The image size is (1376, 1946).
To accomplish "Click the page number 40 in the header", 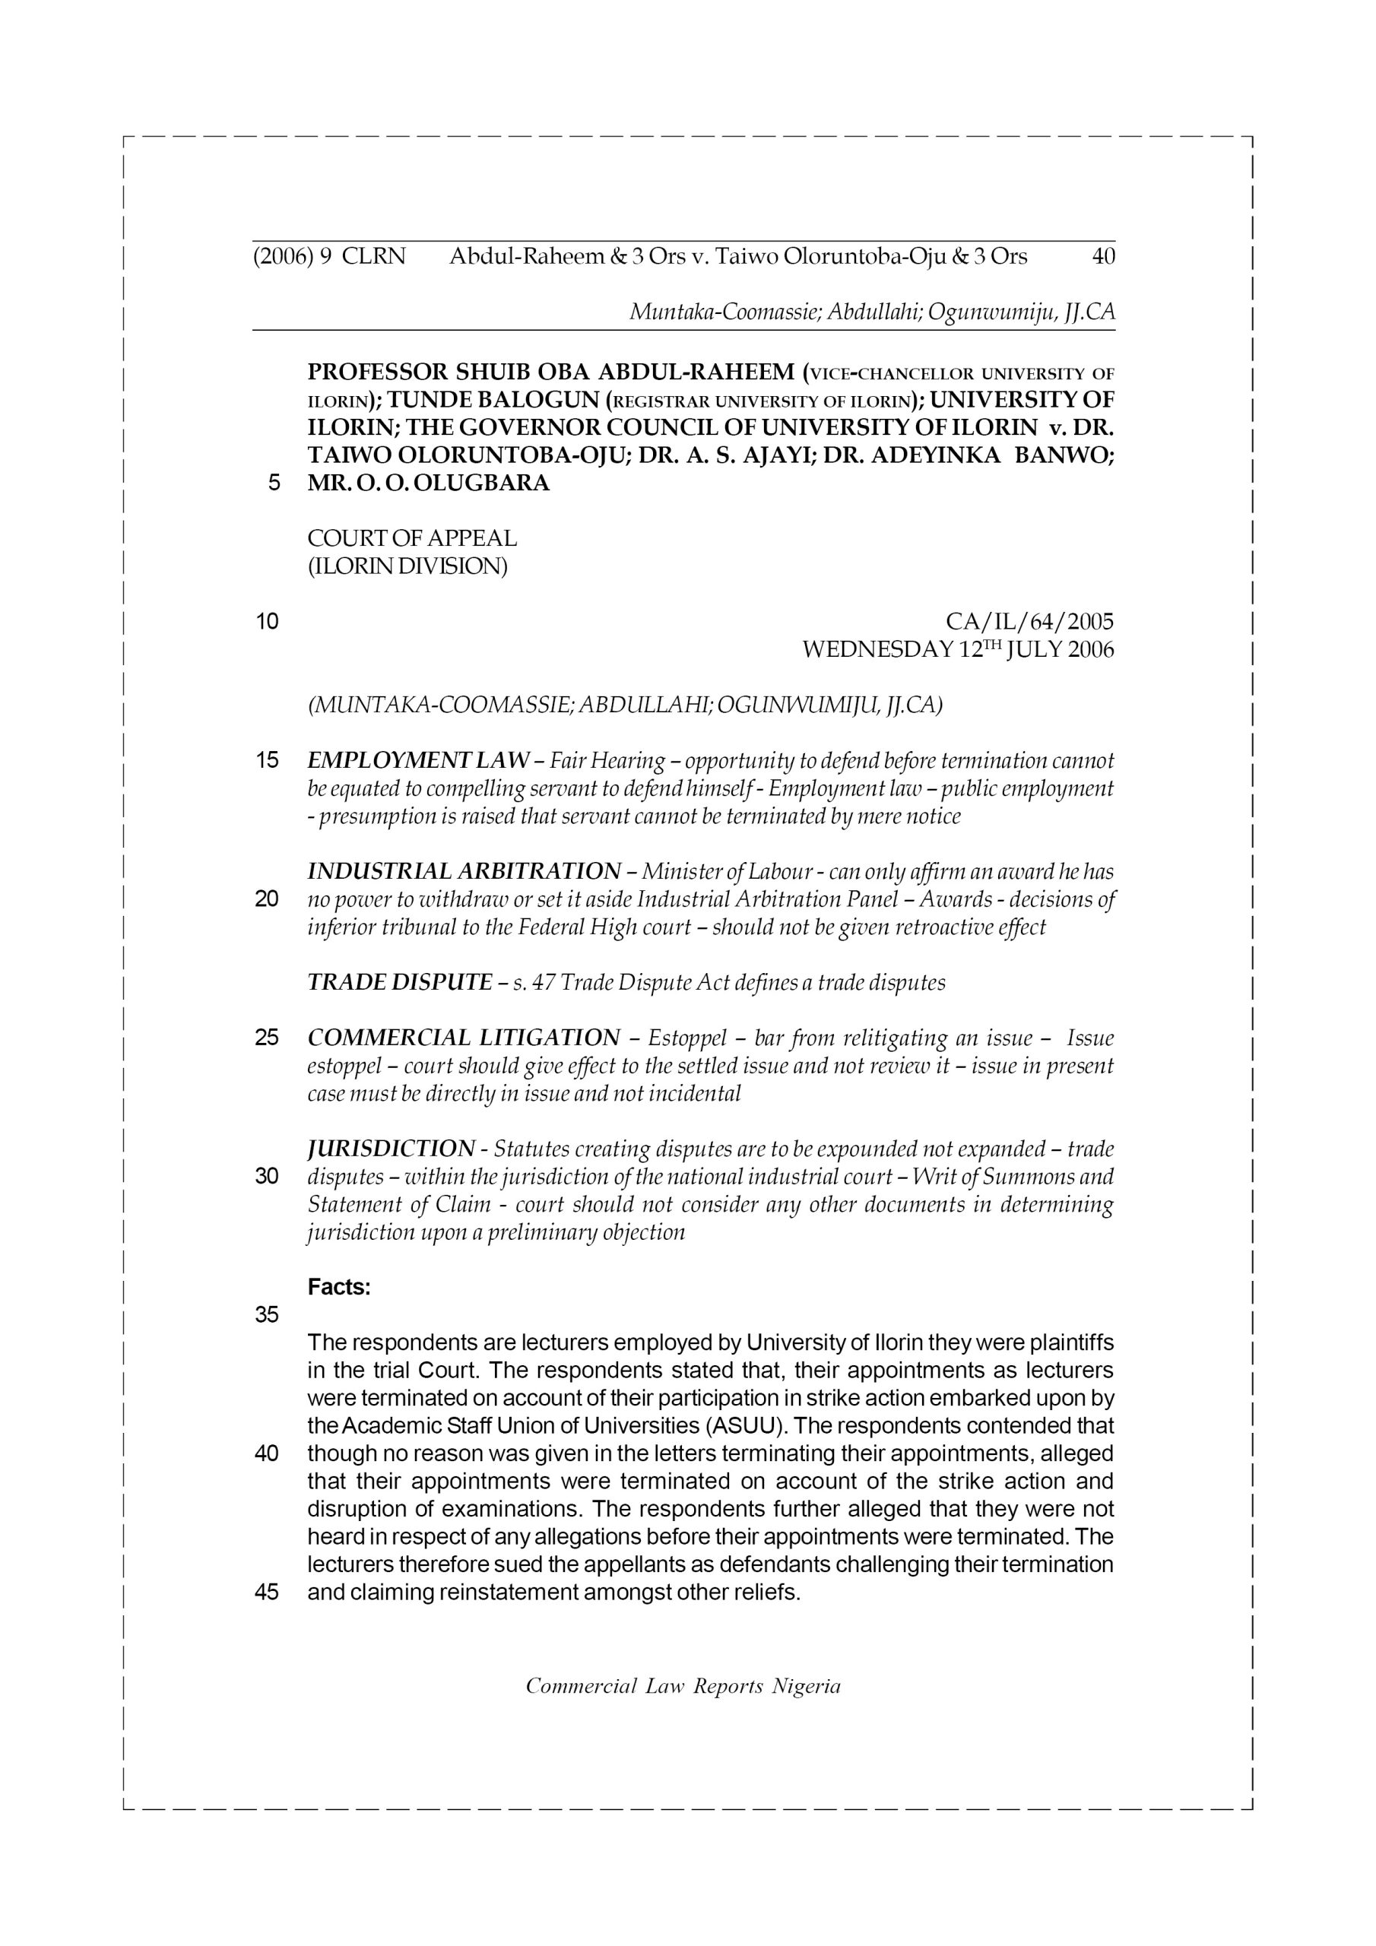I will click(1103, 256).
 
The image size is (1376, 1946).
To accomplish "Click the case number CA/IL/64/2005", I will click(1029, 622).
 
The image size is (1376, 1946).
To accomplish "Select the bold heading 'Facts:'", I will click(339, 1288).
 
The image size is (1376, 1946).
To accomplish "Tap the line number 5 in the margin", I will click(274, 483).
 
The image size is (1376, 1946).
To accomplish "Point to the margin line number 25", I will click(267, 1038).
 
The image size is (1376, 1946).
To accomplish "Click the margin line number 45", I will click(267, 1593).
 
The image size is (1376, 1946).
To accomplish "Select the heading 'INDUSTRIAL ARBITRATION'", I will click(464, 871).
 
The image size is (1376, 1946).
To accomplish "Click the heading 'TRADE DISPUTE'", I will click(398, 982).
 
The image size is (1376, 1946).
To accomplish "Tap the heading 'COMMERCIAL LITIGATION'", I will click(464, 1038).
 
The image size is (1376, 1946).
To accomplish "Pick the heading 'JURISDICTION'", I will click(390, 1149).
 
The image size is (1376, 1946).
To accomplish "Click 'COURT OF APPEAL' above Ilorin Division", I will click(411, 538).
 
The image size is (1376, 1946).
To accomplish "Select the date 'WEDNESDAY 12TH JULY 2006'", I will click(957, 650).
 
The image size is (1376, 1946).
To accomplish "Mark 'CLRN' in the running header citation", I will click(374, 256).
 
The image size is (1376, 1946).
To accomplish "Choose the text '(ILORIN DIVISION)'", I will click(407, 566).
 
